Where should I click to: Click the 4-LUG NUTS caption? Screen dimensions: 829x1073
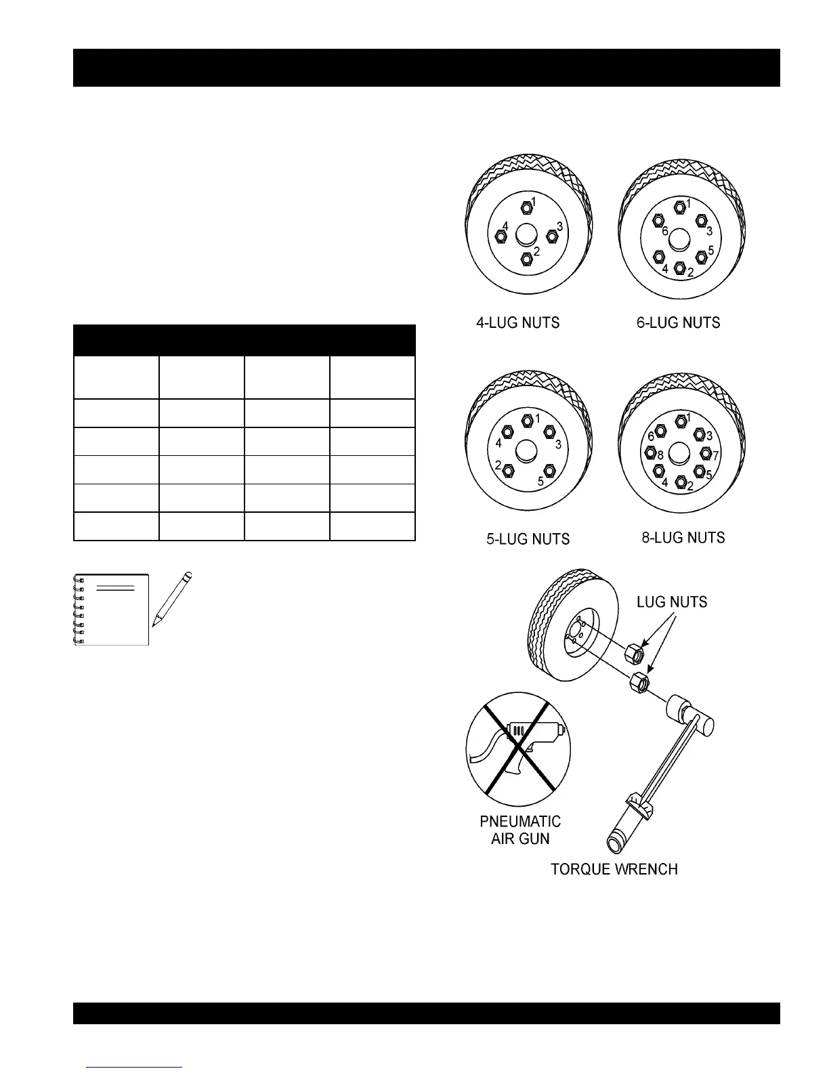coord(518,322)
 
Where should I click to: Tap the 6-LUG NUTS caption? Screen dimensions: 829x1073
coord(678,322)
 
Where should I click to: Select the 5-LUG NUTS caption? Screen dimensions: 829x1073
coord(528,539)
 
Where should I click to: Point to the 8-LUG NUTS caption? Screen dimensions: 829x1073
coord(683,538)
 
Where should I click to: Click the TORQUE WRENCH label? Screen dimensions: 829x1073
coord(614,869)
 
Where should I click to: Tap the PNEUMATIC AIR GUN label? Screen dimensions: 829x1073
coord(520,830)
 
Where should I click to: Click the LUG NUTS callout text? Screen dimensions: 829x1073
coord(672,602)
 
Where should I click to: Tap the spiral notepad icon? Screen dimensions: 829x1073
coord(112,610)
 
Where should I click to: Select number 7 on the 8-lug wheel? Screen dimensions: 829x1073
coord(716,456)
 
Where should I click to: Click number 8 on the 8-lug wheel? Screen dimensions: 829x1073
coord(660,456)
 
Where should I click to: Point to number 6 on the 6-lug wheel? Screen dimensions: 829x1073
coord(665,232)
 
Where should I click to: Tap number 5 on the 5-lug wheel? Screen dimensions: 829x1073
coord(540,482)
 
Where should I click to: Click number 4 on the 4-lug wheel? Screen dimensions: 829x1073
coord(505,226)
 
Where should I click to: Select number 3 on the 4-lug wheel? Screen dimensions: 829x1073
coord(559,226)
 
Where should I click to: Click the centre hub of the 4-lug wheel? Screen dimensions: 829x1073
coord(526,235)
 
